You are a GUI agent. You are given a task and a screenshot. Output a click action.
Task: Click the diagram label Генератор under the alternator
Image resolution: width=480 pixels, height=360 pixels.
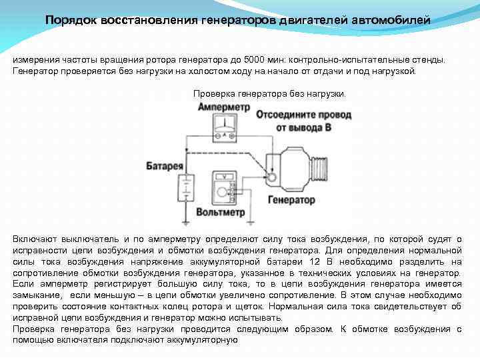[x=291, y=199]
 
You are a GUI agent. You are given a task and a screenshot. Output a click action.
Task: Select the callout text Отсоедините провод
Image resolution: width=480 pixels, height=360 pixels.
[x=303, y=114]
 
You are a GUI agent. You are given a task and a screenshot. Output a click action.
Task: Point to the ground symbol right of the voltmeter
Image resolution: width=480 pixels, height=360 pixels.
[x=248, y=215]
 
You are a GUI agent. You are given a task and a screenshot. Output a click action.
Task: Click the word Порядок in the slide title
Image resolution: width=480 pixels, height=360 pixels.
[x=72, y=21]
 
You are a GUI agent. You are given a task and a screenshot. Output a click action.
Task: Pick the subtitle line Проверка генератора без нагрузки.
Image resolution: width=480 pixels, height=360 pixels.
[x=269, y=93]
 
